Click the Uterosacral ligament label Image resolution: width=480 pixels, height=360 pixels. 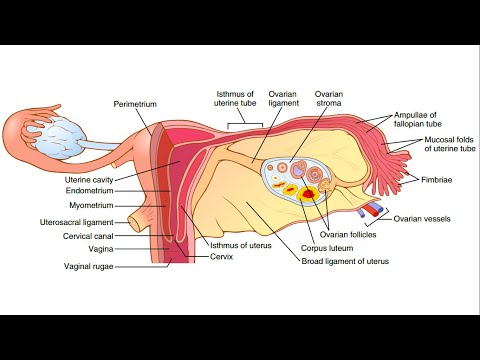coord(83,221)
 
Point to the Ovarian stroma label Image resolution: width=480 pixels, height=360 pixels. coord(330,103)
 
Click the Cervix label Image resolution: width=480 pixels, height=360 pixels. coord(223,256)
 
